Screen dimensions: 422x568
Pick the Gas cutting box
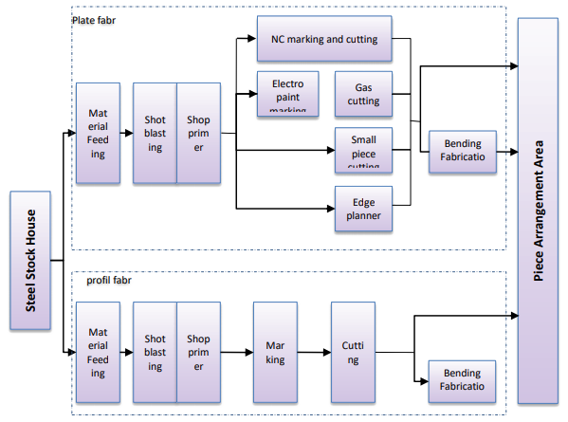[362, 93]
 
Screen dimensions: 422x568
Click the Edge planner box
[362, 209]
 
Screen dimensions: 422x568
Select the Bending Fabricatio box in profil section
[463, 380]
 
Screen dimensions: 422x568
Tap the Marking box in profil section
[275, 353]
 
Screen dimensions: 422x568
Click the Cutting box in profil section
[353, 353]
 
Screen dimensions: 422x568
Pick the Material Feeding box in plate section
[98, 133]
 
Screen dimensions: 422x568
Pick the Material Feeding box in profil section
[98, 353]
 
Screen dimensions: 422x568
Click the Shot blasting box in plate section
[155, 133]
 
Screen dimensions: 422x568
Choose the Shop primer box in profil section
[198, 353]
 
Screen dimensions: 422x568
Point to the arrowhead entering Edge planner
[331, 208]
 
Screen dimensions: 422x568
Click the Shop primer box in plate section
[198, 133]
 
